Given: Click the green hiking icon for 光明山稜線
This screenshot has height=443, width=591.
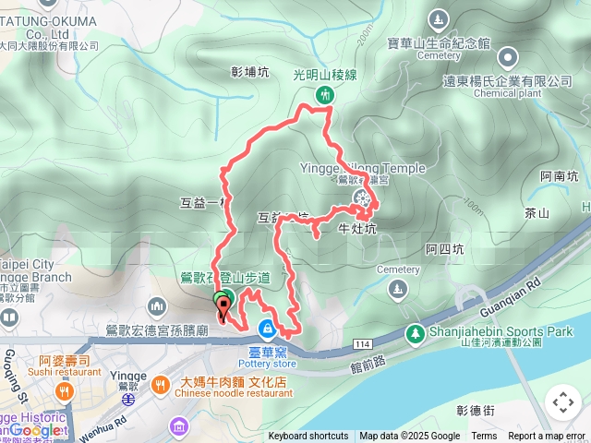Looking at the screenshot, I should [x=324, y=94].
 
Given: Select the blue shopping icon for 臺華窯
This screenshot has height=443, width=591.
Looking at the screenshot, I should [x=267, y=328].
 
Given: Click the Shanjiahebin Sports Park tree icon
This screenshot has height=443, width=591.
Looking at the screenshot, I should [x=416, y=332].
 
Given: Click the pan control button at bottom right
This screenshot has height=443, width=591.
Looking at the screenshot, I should [x=562, y=402].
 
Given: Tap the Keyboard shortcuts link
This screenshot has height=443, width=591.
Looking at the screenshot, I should [x=308, y=437].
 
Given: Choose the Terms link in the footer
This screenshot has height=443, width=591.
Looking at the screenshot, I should [x=484, y=437].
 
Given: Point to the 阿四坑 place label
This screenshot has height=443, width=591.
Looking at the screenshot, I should [x=444, y=249].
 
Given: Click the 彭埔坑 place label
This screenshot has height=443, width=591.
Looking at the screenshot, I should [x=249, y=73].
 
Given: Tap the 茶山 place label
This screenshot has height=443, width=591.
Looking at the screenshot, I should [x=537, y=213].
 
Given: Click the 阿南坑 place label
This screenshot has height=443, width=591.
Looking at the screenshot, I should [x=560, y=175].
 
